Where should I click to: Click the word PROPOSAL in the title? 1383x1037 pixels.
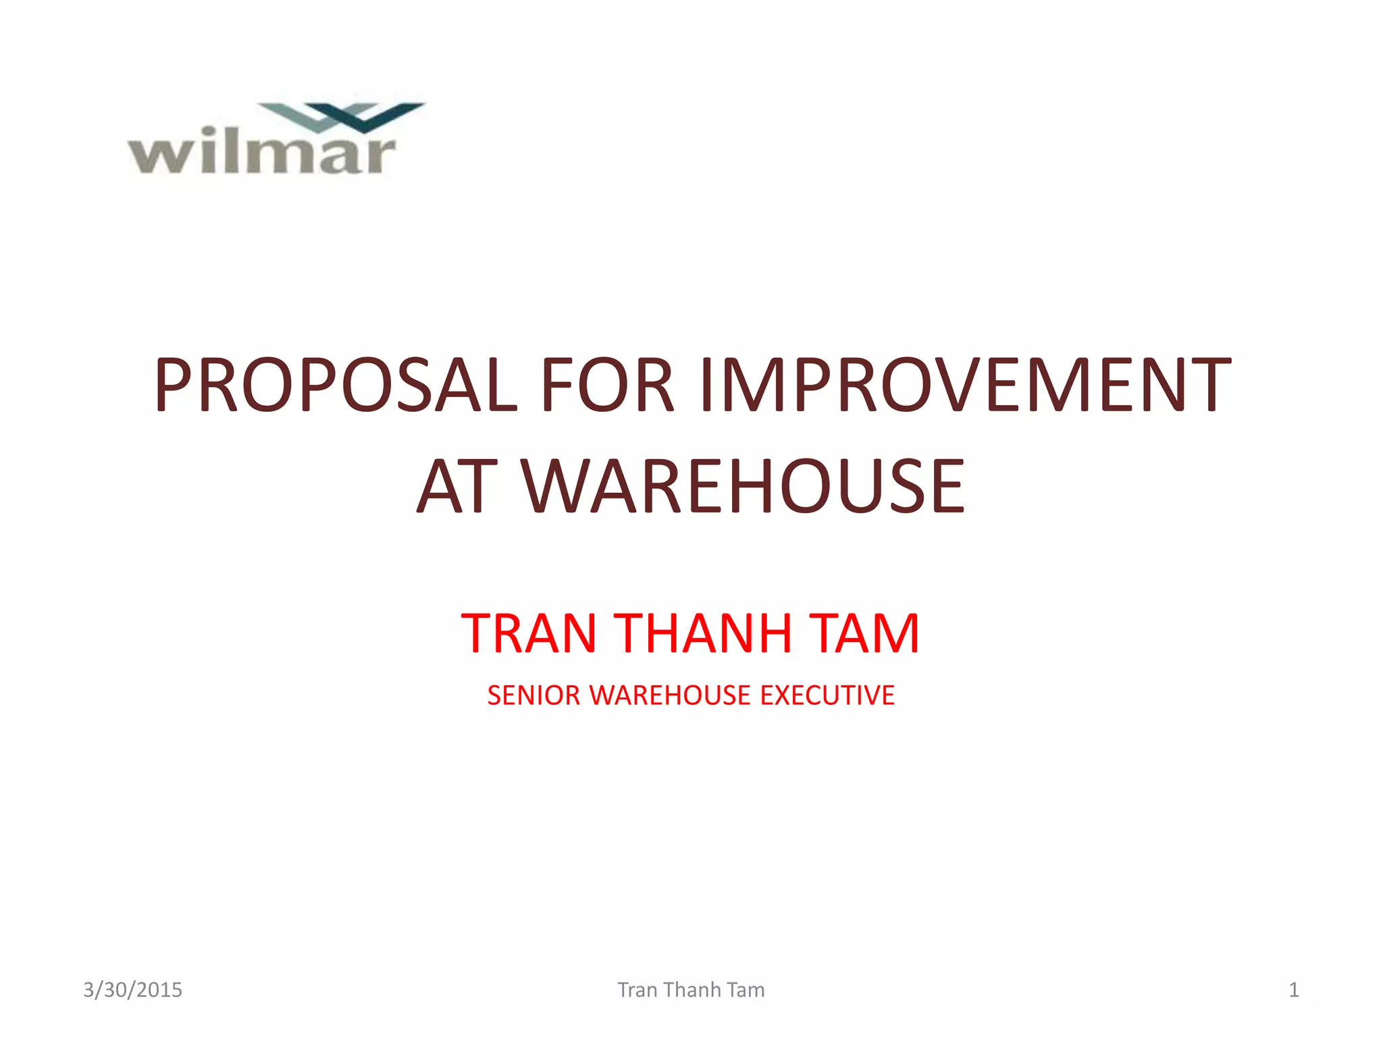(336, 384)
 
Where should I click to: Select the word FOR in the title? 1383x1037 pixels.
(606, 384)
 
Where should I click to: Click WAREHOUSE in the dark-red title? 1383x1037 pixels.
(743, 485)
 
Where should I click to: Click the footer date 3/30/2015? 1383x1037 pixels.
(132, 990)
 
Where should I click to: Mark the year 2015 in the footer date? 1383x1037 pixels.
(159, 990)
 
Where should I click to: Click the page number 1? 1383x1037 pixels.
(1293, 990)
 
